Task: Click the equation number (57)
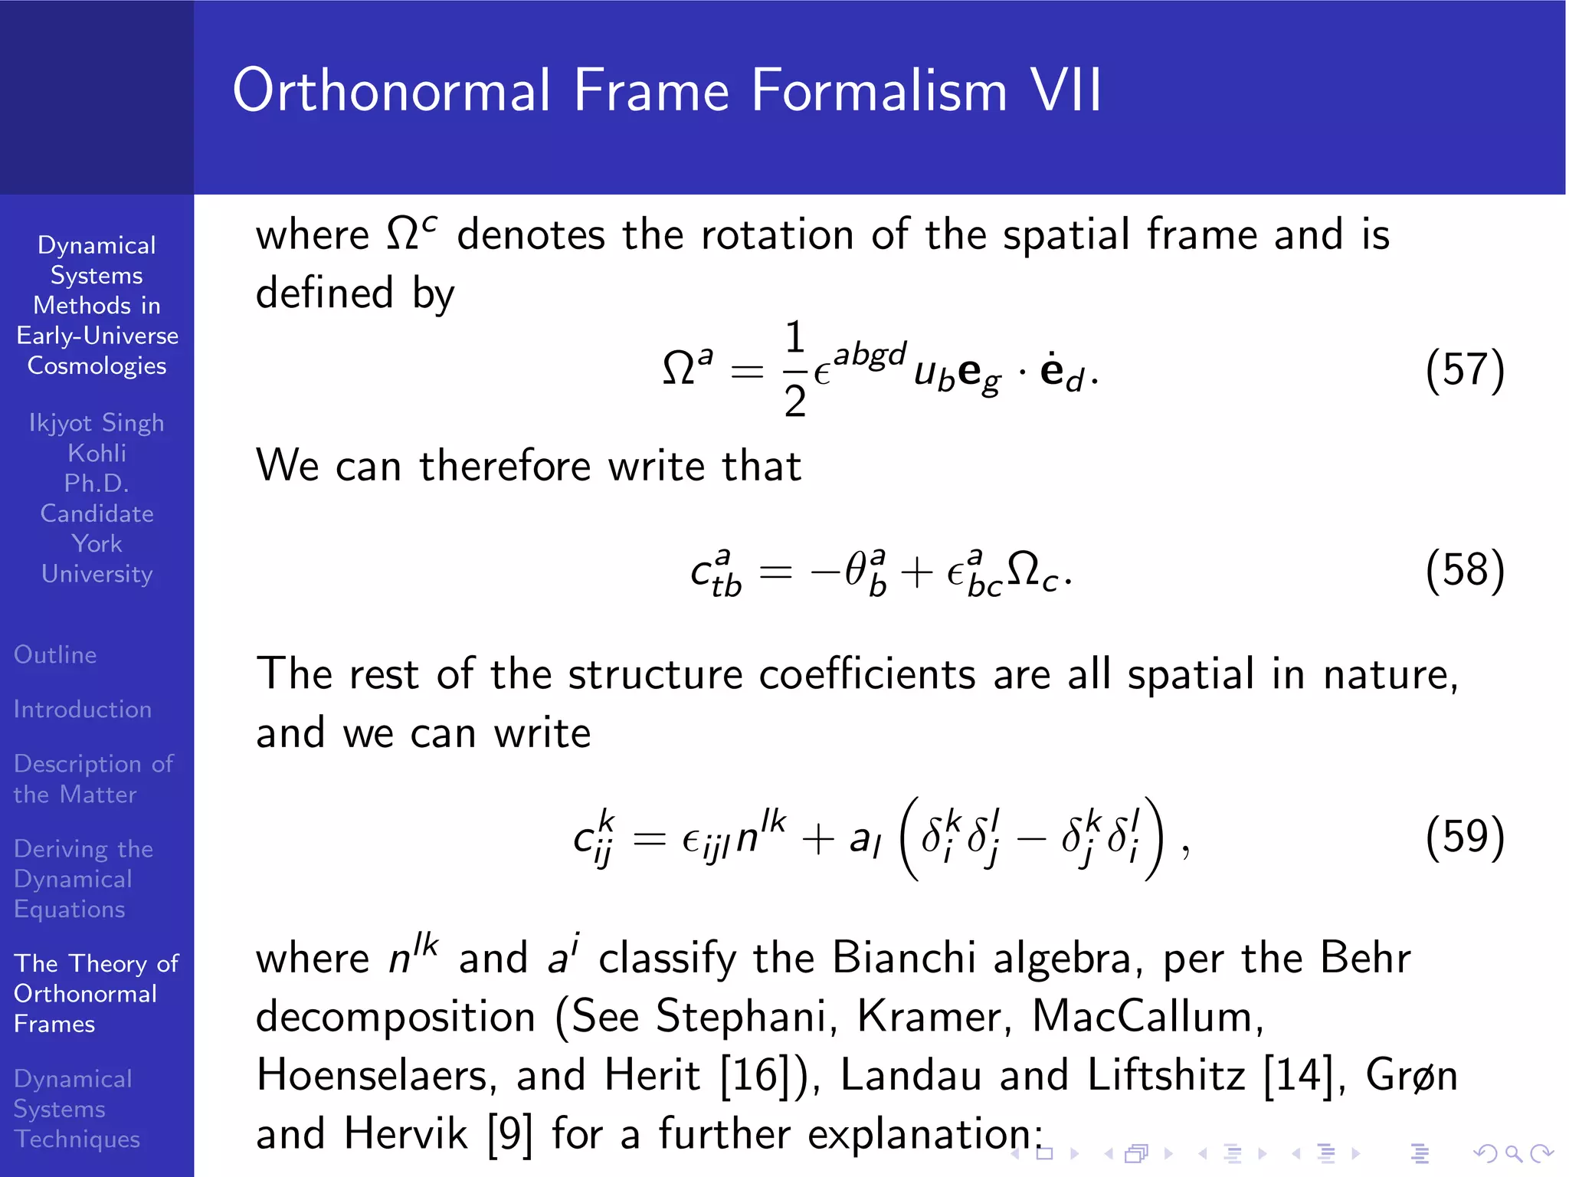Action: pos(1464,370)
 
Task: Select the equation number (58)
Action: pos(1464,570)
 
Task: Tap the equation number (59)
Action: pos(1464,836)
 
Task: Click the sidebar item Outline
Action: pos(55,654)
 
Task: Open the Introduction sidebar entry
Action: pos(83,709)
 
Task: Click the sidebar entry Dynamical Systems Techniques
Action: pos(77,1108)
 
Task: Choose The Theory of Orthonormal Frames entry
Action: pos(96,993)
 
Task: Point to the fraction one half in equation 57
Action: pos(795,369)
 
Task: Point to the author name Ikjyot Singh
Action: pos(97,422)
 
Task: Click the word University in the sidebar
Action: pos(97,573)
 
